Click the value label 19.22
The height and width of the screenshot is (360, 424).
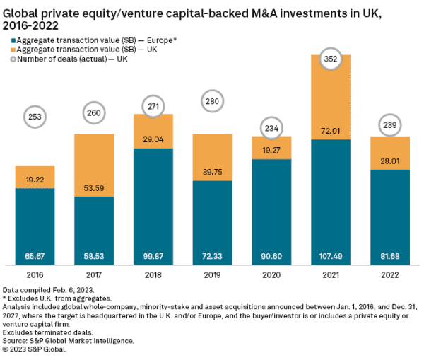point(35,180)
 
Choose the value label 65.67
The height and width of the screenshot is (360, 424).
point(35,258)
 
